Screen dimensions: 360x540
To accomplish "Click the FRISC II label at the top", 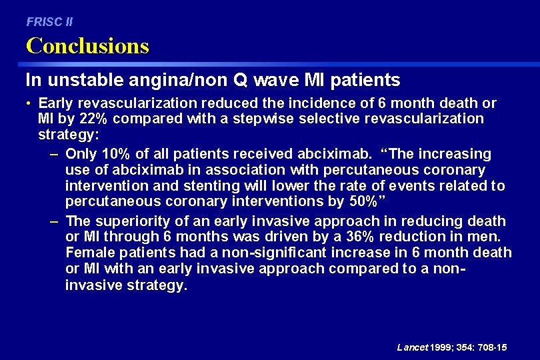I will tap(49, 22).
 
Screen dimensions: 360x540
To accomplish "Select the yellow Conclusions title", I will tap(87, 46).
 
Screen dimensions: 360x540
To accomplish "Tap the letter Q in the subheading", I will tap(241, 81).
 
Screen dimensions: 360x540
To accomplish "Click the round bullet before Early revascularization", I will tap(30, 103).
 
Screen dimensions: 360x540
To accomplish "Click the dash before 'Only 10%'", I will tap(54, 154).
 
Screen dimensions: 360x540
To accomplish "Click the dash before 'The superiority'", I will tap(54, 221).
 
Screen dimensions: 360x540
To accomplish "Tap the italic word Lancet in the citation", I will tap(413, 347).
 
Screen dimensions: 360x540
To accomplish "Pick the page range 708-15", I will tap(491, 347).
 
